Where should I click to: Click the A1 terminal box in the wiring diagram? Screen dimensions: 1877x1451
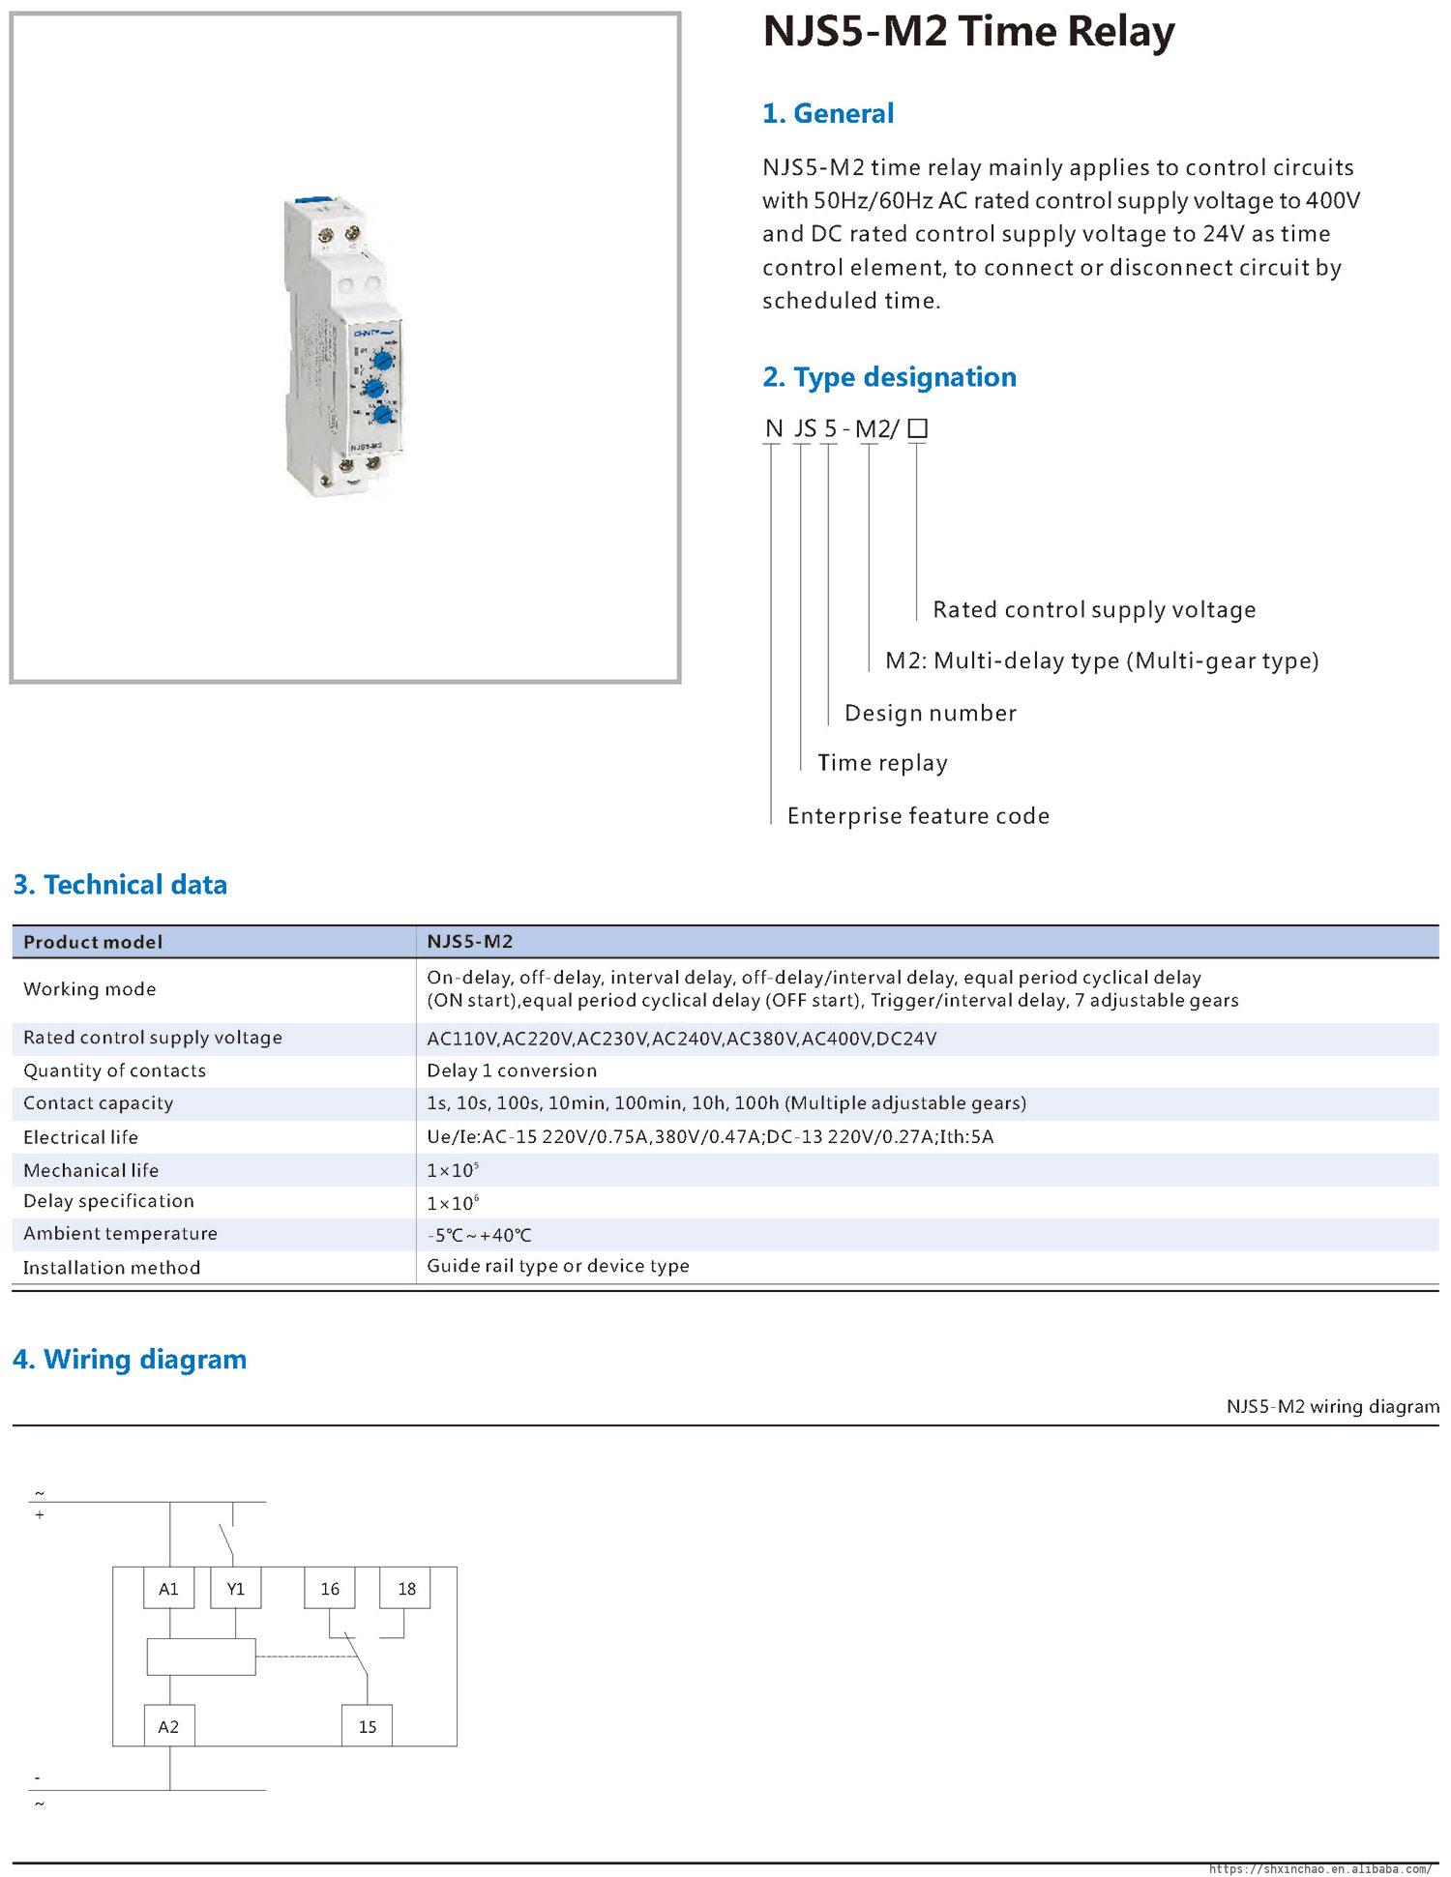coord(168,1589)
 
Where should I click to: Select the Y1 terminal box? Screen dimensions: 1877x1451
coord(236,1589)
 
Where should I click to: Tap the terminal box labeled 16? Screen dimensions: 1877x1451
coord(330,1589)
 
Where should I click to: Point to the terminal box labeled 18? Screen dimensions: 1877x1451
coord(406,1589)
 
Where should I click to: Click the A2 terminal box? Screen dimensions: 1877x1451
coord(168,1726)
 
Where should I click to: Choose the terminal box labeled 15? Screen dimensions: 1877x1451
coord(368,1726)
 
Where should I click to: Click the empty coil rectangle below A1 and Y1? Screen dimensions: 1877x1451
coord(201,1657)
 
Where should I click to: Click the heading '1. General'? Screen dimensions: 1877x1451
coord(828,113)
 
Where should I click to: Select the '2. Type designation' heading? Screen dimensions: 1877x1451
coord(889,377)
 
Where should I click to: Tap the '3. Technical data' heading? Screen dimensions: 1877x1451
coord(120,885)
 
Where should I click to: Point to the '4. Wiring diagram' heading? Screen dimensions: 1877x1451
coord(130,1360)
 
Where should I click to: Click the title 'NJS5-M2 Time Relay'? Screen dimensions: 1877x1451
coord(969,32)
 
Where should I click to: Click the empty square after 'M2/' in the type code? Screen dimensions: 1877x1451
coord(918,428)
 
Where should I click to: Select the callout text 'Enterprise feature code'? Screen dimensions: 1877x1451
coord(918,816)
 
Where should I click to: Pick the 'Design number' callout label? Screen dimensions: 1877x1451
coord(930,714)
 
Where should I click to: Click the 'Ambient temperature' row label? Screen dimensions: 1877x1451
coord(120,1234)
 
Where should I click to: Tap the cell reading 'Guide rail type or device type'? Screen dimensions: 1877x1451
coord(558,1266)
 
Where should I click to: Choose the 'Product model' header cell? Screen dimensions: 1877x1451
coord(93,942)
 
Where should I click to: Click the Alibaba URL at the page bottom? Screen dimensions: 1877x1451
coord(1320,1868)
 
